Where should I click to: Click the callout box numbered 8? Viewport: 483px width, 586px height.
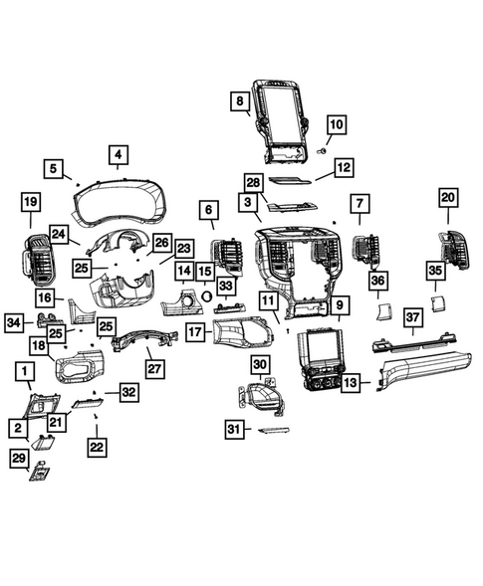pyautogui.click(x=240, y=101)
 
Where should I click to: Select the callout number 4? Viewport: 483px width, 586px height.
pyautogui.click(x=119, y=155)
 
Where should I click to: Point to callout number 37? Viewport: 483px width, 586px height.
pyautogui.click(x=413, y=317)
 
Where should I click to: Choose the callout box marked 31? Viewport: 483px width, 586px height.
pyautogui.click(x=233, y=429)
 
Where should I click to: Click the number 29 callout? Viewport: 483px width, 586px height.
pyautogui.click(x=19, y=457)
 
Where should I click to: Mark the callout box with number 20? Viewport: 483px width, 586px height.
pyautogui.click(x=447, y=199)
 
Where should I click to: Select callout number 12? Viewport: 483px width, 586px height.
pyautogui.click(x=343, y=168)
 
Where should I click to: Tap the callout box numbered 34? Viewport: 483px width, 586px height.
pyautogui.click(x=14, y=322)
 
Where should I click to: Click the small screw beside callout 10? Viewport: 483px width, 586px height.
pyautogui.click(x=322, y=148)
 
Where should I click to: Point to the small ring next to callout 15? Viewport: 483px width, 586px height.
pyautogui.click(x=207, y=294)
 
